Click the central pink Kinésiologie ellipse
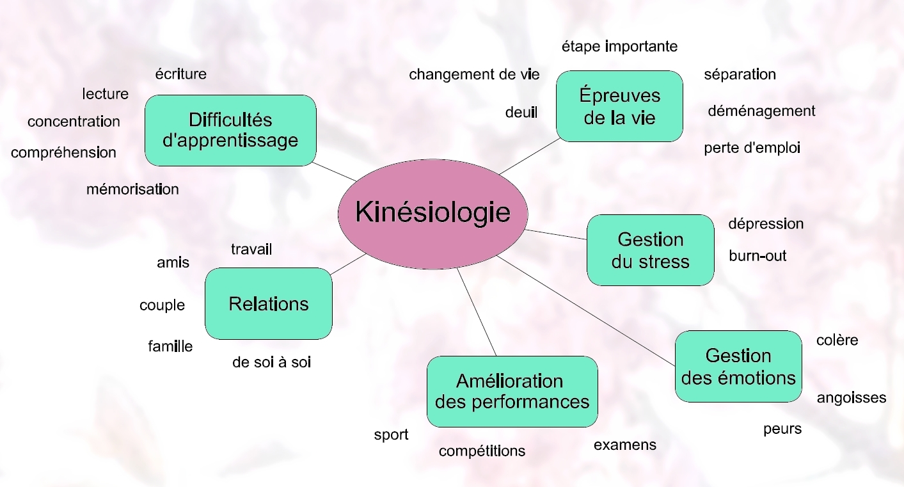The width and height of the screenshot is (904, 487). pos(432,212)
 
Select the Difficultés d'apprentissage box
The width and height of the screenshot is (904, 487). pos(230,131)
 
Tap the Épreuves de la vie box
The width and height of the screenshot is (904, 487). pos(619,106)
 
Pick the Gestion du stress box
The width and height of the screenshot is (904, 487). pos(650,250)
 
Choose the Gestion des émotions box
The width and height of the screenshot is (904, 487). pos(738,366)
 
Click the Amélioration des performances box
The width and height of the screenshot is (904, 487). pos(512,391)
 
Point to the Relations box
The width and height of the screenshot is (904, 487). pos(268,303)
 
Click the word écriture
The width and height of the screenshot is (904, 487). pos(181,74)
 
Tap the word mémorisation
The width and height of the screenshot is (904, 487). pos(132,189)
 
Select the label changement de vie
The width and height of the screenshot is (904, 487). pos(474,75)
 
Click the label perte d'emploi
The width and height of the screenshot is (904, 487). pos(752,148)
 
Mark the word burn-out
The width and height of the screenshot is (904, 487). pos(757,256)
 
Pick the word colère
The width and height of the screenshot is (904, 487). pos(837,340)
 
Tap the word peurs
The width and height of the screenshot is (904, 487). pos(782,429)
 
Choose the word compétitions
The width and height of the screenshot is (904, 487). pos(482,451)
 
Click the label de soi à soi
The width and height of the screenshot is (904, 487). pos(271,362)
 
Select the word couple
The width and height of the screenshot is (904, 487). pos(162,306)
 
